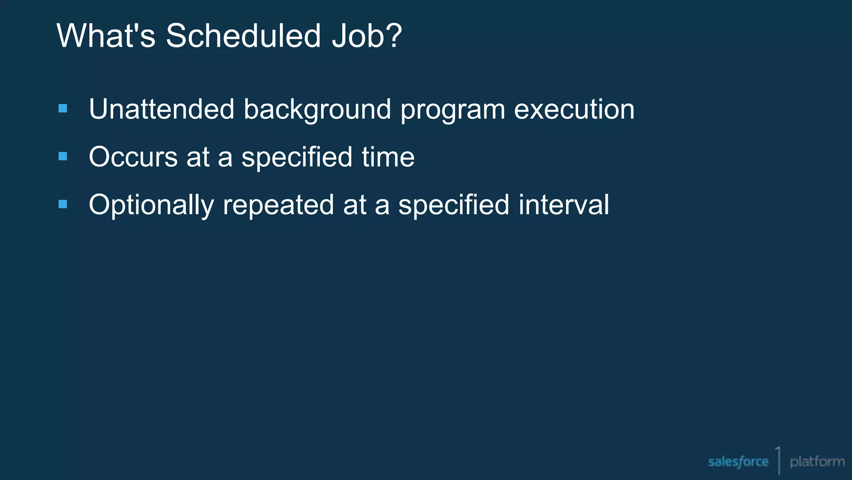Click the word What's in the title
(106, 36)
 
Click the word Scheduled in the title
(243, 36)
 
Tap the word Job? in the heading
(367, 36)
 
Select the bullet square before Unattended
(63, 109)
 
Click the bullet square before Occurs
(63, 157)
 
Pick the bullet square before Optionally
(63, 204)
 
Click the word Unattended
(161, 109)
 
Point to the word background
(317, 110)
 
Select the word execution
(574, 109)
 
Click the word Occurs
(133, 157)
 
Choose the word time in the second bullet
(388, 157)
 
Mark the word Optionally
(151, 205)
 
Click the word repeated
(278, 205)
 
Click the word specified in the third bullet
(453, 205)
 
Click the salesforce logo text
(738, 462)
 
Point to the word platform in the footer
(817, 462)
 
